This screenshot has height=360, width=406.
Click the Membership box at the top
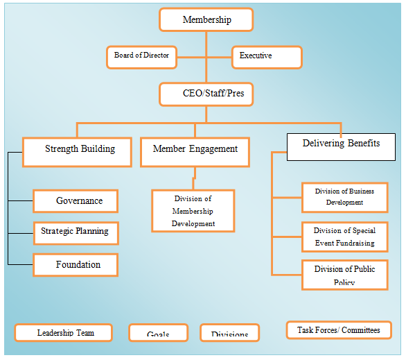(x=206, y=20)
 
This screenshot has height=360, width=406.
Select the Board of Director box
(x=141, y=56)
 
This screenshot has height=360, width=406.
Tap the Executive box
(x=267, y=57)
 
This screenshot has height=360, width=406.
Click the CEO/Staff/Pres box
(x=206, y=94)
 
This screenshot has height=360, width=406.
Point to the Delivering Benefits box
(x=341, y=146)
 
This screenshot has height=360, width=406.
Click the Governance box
(x=76, y=201)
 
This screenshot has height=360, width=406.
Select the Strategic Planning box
(x=76, y=232)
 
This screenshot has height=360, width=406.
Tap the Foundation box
(x=76, y=264)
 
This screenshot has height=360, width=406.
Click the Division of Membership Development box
(x=193, y=212)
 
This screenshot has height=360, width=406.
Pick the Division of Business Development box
(x=344, y=197)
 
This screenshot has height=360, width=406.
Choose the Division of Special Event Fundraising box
(x=344, y=237)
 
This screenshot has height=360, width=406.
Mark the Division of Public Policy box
(x=344, y=274)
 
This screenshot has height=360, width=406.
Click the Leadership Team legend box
(x=64, y=333)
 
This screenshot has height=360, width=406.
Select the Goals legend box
(x=158, y=334)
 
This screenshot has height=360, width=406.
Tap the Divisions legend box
(x=229, y=334)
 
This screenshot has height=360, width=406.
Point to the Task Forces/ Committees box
(x=338, y=329)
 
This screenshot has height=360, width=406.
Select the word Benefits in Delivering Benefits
(x=361, y=144)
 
